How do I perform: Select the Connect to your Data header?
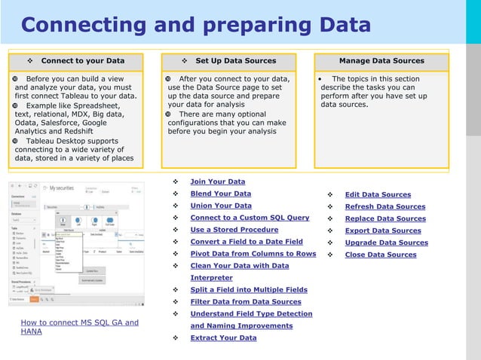click(82, 61)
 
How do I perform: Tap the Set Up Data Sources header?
click(235, 61)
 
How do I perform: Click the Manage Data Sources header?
click(381, 61)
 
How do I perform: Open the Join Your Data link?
click(217, 182)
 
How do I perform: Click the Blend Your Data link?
click(221, 194)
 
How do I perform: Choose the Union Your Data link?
click(221, 206)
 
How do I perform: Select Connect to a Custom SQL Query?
click(250, 218)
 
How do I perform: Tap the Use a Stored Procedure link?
click(234, 230)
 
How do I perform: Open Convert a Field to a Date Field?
click(247, 242)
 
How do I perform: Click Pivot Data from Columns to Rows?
click(253, 254)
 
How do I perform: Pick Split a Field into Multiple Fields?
click(249, 290)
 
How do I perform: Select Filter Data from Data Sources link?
click(245, 302)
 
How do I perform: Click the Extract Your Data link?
click(223, 338)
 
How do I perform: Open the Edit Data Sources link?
click(378, 195)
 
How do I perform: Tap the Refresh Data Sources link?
click(384, 207)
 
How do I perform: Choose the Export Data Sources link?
click(383, 231)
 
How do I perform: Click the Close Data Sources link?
click(380, 255)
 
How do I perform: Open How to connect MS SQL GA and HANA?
click(79, 327)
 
